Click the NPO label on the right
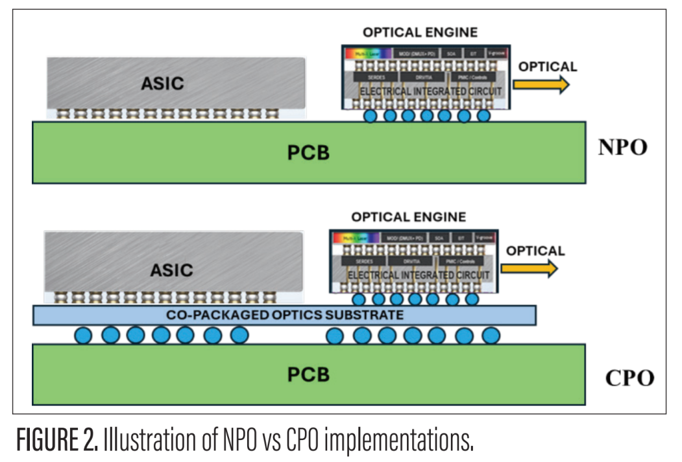coord(622,148)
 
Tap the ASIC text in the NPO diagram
coord(163,83)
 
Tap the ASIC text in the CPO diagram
coord(171,270)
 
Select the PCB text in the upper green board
coord(308,153)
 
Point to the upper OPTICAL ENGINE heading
coord(420,32)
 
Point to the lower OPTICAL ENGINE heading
coord(409,217)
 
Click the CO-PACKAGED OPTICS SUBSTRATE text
coord(285,315)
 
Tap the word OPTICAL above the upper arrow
coord(548,67)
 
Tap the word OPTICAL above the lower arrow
coord(535,251)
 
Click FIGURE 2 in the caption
coord(57,441)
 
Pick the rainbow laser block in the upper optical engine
coord(365,52)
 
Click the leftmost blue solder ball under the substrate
coord(83,336)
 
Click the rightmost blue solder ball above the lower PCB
coord(491,336)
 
